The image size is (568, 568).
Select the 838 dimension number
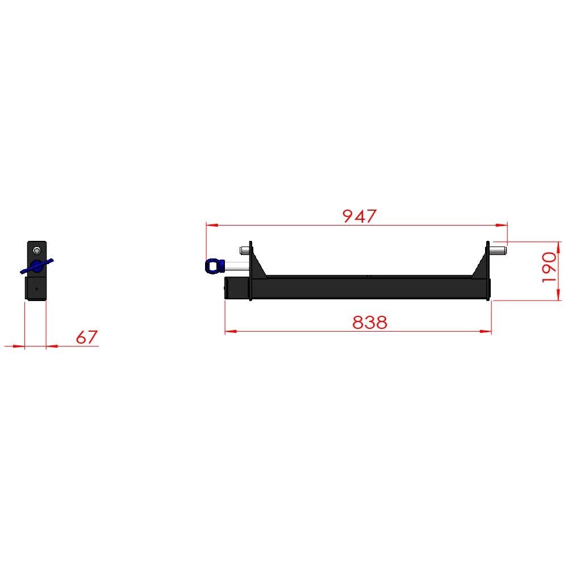[369, 322]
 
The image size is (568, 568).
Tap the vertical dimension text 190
[549, 268]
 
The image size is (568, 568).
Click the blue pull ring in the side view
[213, 265]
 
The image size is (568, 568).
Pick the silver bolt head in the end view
[37, 250]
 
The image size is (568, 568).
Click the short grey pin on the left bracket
[245, 249]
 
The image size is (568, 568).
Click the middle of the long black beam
[369, 287]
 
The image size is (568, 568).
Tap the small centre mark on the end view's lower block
[36, 289]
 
